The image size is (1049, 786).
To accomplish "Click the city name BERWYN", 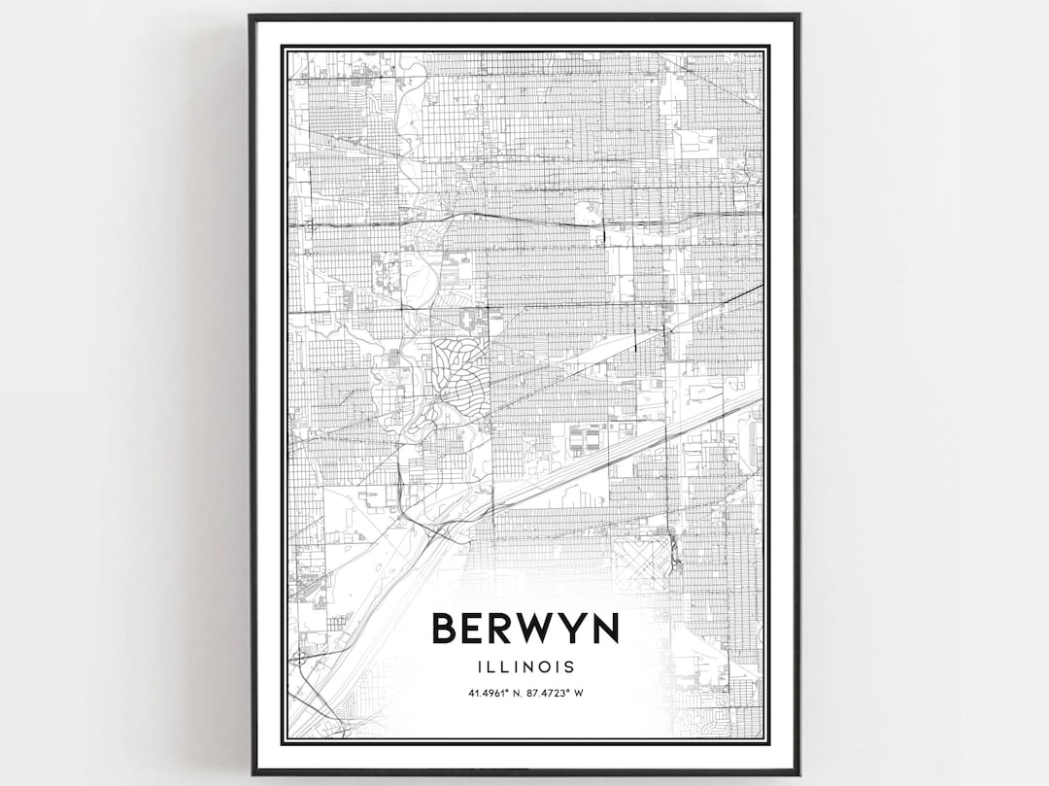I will (x=524, y=629).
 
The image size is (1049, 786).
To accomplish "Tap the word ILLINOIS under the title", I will (x=524, y=667).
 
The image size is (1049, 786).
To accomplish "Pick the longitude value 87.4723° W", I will (x=558, y=693).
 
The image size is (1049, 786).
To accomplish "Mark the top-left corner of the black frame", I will (x=252, y=17).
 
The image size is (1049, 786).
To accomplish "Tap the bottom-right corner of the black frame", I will (x=797, y=772).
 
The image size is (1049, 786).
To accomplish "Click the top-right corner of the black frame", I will (x=797, y=17).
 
